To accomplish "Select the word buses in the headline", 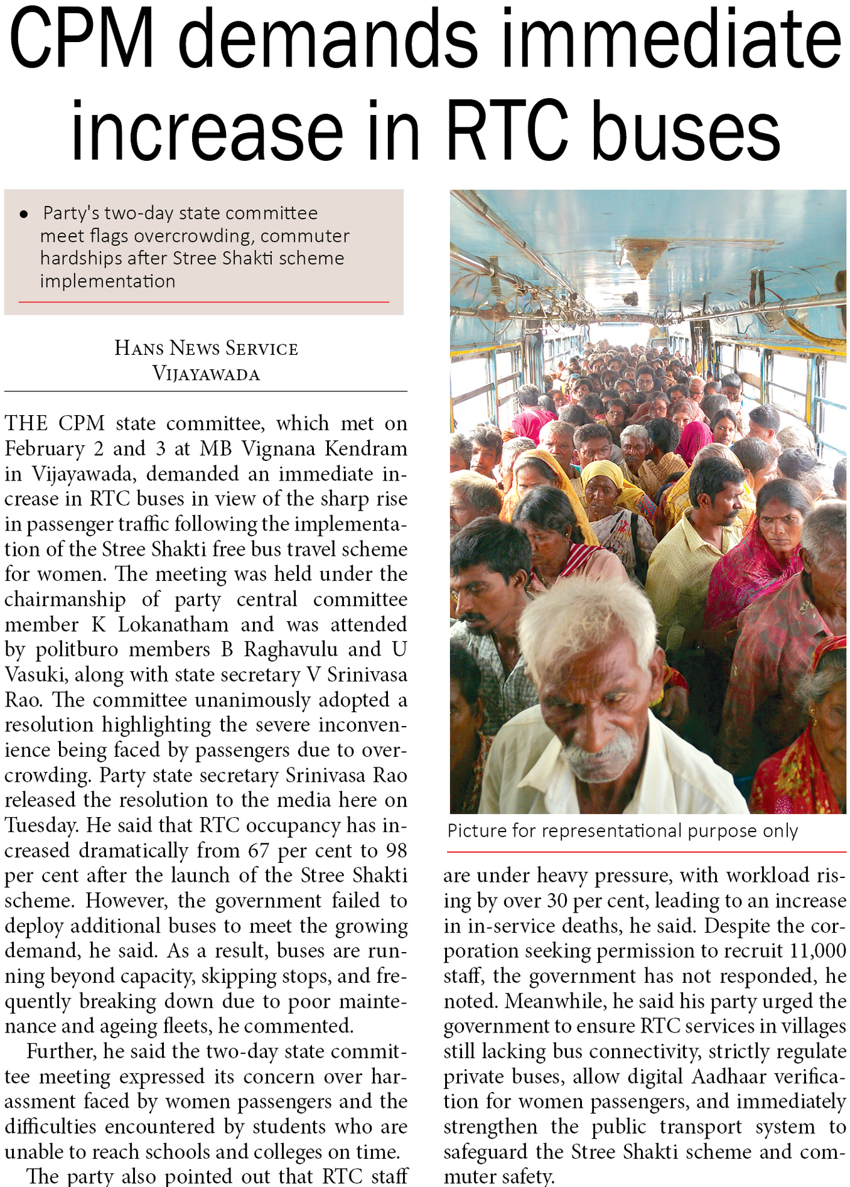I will point(686,131).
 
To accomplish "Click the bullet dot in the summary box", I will point(24,215).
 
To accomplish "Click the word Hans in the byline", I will point(139,348).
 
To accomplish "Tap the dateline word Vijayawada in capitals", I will point(206,374).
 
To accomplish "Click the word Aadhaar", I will point(730,1076).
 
